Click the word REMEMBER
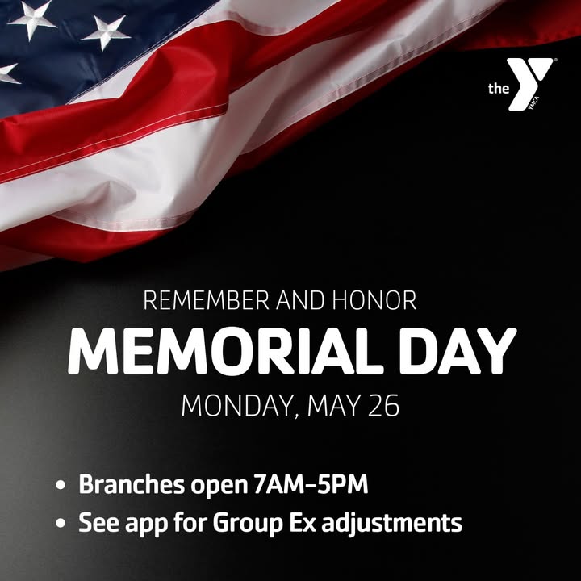(x=206, y=300)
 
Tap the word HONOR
(x=374, y=300)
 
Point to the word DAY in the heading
(x=458, y=351)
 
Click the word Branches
(x=132, y=483)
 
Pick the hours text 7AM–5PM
(x=311, y=483)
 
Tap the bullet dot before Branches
(x=61, y=485)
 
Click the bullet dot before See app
(x=61, y=523)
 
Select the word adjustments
(x=391, y=523)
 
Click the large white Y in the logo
(x=529, y=84)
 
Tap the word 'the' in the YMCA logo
(x=499, y=89)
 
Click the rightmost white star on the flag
(x=107, y=31)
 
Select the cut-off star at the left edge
(x=7, y=73)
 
